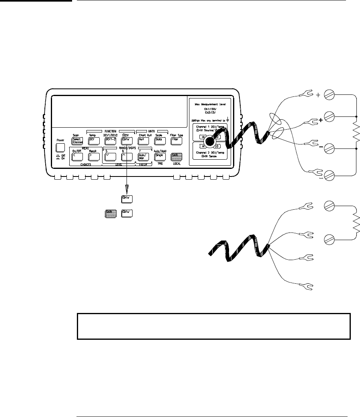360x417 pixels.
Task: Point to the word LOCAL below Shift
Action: pyautogui.click(x=176, y=164)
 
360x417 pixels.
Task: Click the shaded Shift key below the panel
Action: pyautogui.click(x=111, y=213)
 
